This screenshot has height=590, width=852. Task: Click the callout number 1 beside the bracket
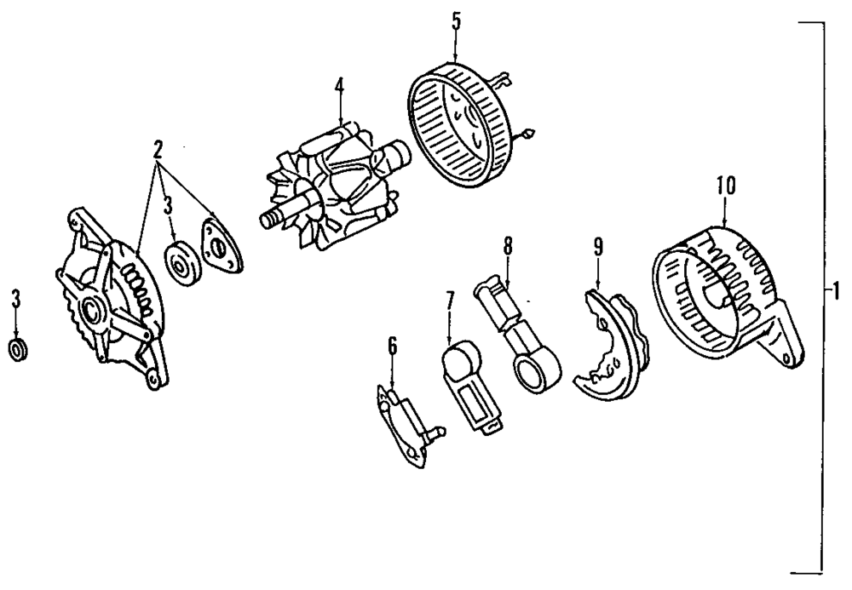837,292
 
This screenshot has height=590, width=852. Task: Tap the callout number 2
158,150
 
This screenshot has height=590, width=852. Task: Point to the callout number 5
456,21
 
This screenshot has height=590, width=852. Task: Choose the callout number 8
508,246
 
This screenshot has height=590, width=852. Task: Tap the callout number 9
597,247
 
